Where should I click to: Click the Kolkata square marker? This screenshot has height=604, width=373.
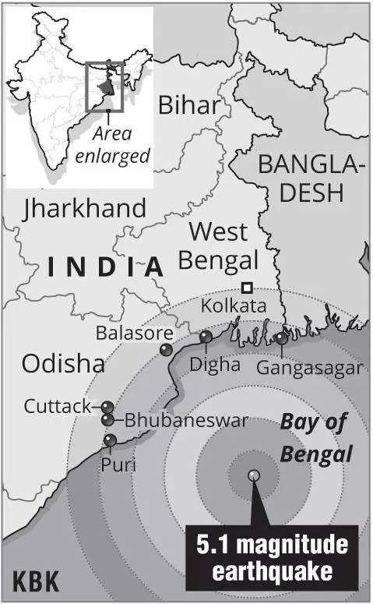coord(246,286)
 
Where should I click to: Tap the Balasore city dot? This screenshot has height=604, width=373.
coord(166,350)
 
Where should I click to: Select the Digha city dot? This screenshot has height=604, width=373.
coord(206,337)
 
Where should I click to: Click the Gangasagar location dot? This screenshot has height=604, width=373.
coord(281,338)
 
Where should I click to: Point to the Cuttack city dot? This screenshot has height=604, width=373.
coord(107,408)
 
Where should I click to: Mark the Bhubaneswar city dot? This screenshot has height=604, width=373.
coord(107,420)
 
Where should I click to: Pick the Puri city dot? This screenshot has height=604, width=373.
coord(110,441)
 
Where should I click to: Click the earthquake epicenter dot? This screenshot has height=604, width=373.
coord(253,475)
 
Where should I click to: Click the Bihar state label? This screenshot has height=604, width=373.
coord(188,104)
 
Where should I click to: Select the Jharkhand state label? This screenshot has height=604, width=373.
coord(85,209)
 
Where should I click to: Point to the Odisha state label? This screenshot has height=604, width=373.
coord(63,363)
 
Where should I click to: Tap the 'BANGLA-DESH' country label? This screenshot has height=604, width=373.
coord(311,178)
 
